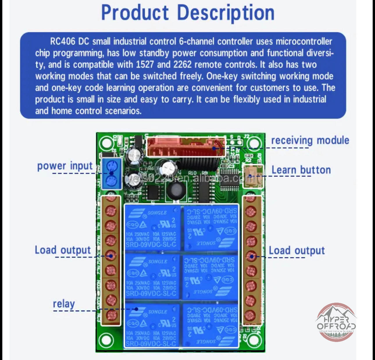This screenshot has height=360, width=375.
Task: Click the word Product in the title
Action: [135, 13]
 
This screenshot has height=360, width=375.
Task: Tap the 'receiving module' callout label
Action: [310, 140]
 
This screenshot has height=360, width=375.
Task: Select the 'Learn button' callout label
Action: [301, 170]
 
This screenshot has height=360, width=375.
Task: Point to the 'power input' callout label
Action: [65, 166]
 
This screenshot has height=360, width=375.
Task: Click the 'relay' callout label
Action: [64, 304]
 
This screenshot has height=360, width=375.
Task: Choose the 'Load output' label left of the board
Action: [63, 250]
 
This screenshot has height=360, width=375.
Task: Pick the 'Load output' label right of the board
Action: [297, 251]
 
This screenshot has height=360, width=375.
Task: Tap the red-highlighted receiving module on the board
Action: [185, 147]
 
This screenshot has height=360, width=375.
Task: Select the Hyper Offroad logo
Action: [336, 322]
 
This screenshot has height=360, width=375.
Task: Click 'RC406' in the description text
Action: [63, 41]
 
